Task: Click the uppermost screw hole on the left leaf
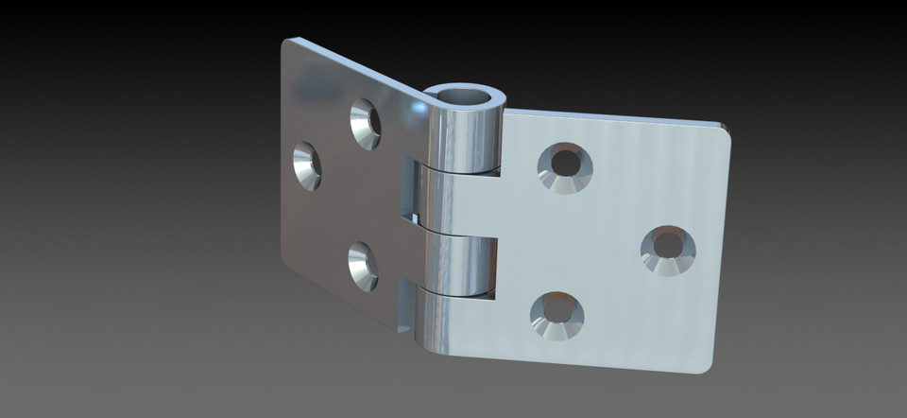tap(365, 123)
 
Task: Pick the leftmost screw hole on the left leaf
tap(306, 165)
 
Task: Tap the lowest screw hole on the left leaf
tap(363, 266)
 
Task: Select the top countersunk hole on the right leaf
tap(565, 167)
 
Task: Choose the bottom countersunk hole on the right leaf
tap(556, 314)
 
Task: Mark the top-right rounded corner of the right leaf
tap(723, 131)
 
